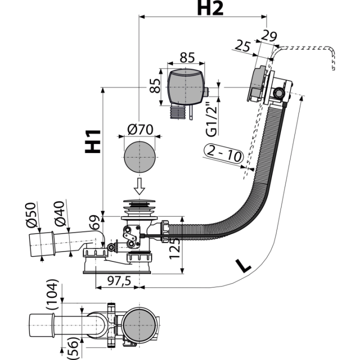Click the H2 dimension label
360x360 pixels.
210,8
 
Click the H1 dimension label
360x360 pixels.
93,141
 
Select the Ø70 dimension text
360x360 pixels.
140,129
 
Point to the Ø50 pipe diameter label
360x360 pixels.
31,215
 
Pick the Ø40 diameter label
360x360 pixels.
59,213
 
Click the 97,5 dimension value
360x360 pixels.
119,280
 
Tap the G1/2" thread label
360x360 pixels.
211,119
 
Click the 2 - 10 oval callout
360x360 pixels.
223,153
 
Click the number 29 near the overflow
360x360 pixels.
269,35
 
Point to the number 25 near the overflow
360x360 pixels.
242,45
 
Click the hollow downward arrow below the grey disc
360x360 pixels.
139,186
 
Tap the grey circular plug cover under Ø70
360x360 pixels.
139,157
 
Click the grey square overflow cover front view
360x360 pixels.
186,87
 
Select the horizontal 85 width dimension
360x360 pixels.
187,57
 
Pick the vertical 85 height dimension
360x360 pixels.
155,85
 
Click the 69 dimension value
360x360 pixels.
95,222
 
